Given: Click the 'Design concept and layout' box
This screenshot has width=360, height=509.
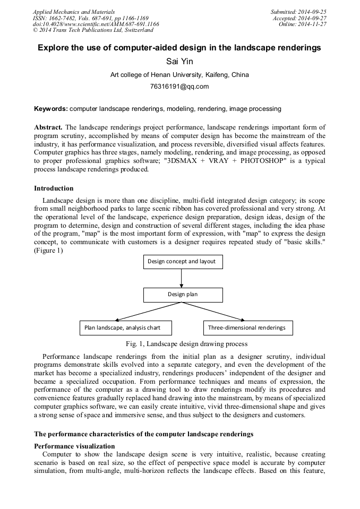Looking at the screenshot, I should click(183, 262).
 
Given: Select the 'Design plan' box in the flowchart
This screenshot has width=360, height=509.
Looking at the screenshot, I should click(183, 295).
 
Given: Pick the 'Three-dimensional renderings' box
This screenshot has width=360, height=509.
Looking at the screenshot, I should click(246, 327).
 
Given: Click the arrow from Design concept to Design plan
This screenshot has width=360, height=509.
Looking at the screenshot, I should click(183, 278).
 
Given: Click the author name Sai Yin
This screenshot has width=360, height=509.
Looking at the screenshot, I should click(179, 62).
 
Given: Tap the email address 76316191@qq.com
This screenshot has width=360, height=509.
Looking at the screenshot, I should click(179, 87).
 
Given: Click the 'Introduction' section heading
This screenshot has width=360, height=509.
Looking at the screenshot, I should click(54, 188).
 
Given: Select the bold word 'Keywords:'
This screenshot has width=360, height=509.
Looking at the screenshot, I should click(51, 109).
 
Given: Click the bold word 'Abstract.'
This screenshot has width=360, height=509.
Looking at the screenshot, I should click(48, 128).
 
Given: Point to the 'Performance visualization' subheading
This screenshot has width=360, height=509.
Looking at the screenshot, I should click(74, 446).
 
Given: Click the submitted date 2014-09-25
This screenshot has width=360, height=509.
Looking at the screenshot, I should click(313, 11).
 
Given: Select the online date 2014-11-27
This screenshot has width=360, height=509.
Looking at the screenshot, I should click(313, 24).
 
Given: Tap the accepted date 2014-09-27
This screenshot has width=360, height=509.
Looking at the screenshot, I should click(313, 18).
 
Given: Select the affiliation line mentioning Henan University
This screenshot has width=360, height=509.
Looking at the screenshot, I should click(179, 75).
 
